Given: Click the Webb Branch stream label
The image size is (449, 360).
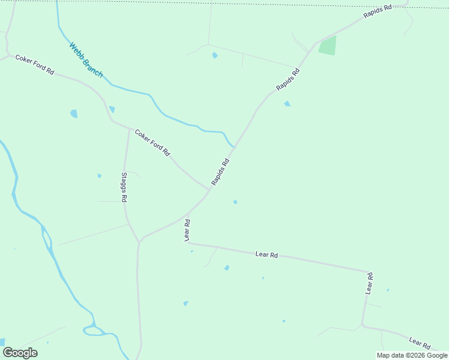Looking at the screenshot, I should (86, 59).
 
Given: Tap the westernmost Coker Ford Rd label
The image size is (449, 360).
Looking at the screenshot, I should (35, 65).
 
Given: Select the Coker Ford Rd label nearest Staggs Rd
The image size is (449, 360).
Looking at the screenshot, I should (152, 143).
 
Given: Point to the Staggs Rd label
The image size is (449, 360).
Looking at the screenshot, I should (124, 187).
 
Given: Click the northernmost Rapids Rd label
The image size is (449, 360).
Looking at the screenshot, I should (377, 13).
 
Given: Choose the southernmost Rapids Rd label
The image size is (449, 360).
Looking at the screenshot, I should (220, 172).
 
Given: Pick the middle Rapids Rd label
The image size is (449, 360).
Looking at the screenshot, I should (288, 80).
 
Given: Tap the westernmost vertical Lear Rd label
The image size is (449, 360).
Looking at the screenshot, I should (187, 230).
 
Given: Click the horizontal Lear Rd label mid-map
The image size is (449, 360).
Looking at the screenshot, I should (267, 255).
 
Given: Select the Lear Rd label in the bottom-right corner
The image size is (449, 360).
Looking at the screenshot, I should (420, 343).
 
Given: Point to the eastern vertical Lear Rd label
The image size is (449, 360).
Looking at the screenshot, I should (370, 283).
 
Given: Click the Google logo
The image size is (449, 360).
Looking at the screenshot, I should (20, 353).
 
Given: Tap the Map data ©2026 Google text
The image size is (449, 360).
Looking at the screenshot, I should (412, 355).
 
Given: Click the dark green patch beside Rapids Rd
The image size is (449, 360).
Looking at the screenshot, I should (327, 46).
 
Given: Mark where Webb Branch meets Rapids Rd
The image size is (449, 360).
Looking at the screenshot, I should (235, 146).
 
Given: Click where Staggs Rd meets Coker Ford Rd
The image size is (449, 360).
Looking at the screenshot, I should (129, 128).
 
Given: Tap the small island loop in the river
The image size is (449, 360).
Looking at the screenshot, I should (92, 329).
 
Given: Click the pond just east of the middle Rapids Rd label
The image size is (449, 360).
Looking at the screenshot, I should (287, 104).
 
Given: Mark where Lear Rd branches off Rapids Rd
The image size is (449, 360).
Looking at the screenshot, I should (188, 214).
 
